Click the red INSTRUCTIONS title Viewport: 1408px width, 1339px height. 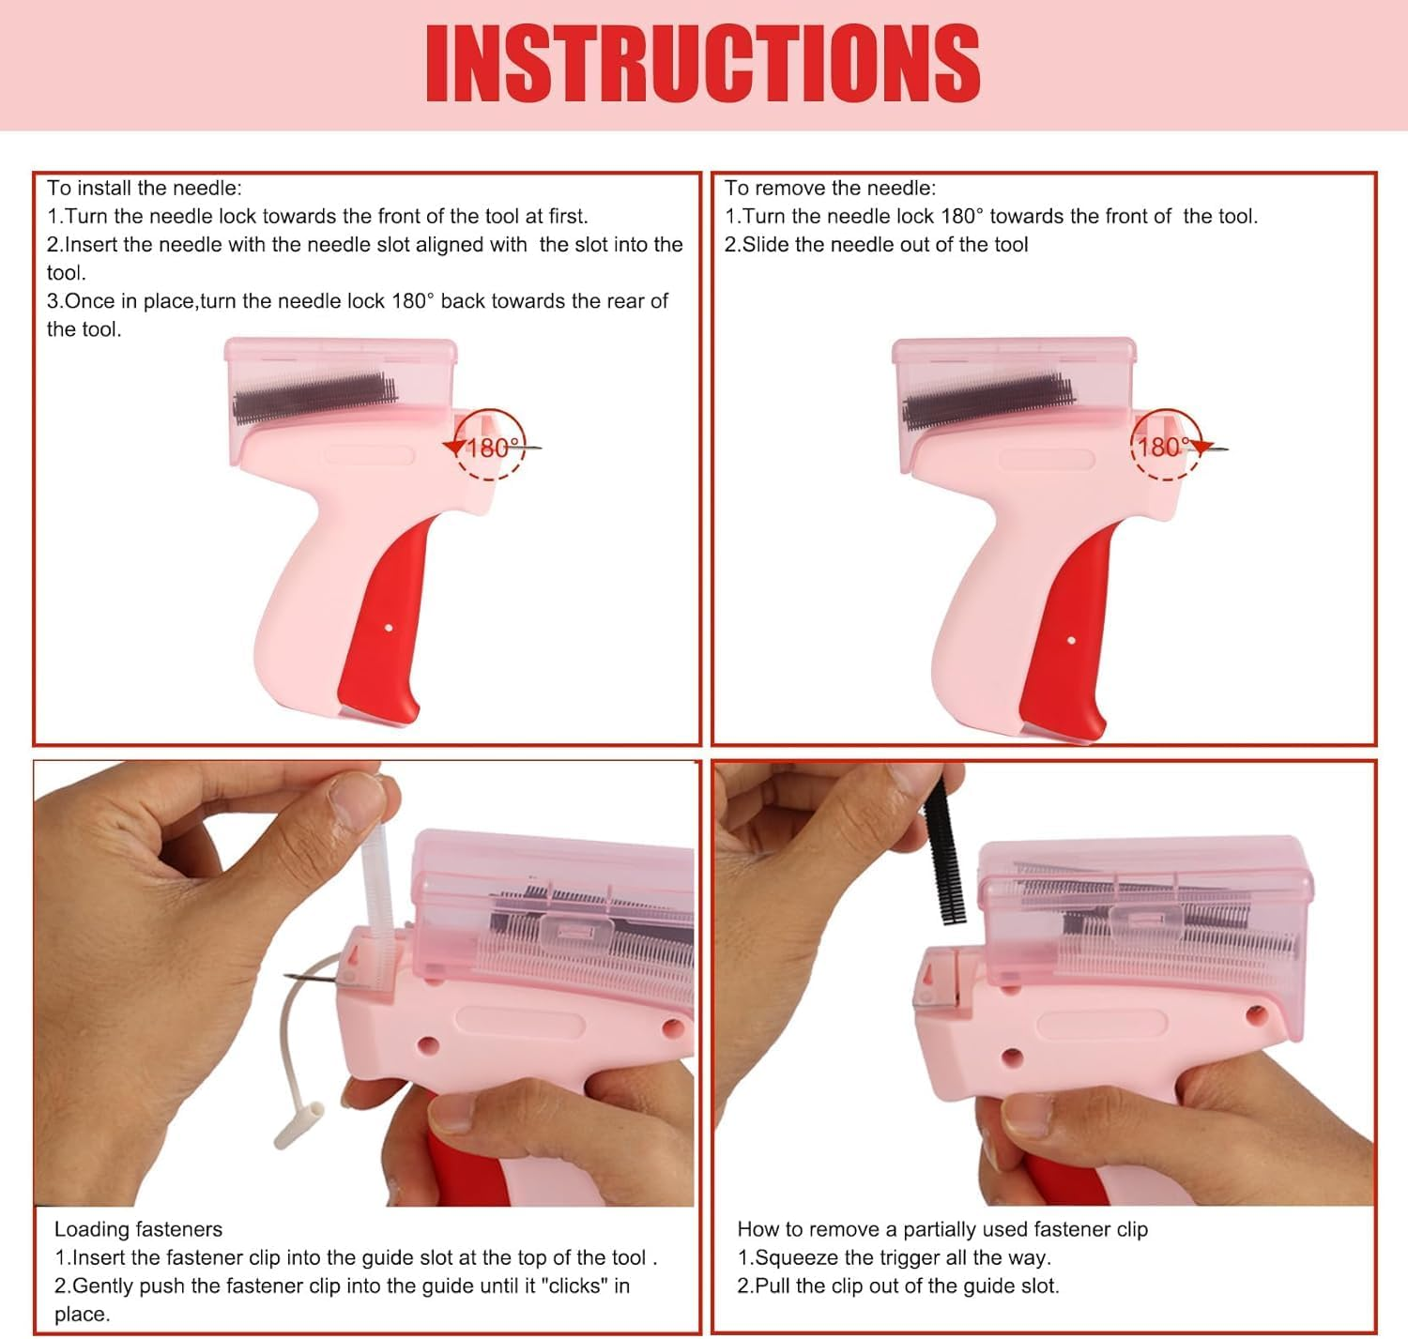click(703, 63)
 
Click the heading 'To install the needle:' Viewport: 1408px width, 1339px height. click(145, 189)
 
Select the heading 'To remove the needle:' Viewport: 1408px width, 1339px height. click(830, 189)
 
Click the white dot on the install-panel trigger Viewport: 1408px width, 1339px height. click(389, 628)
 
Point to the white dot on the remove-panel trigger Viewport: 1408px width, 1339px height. click(1071, 640)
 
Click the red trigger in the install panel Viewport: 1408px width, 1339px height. click(383, 619)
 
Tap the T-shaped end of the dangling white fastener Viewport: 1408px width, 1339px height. click(299, 1126)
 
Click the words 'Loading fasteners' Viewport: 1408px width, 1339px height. click(138, 1228)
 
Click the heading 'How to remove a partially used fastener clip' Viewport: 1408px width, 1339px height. click(942, 1228)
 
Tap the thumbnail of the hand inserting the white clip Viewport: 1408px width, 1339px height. click(364, 983)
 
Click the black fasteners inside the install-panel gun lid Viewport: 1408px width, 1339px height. click(315, 398)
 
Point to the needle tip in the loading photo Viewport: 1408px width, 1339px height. click(285, 975)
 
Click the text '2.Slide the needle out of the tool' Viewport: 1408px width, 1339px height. click(876, 245)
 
